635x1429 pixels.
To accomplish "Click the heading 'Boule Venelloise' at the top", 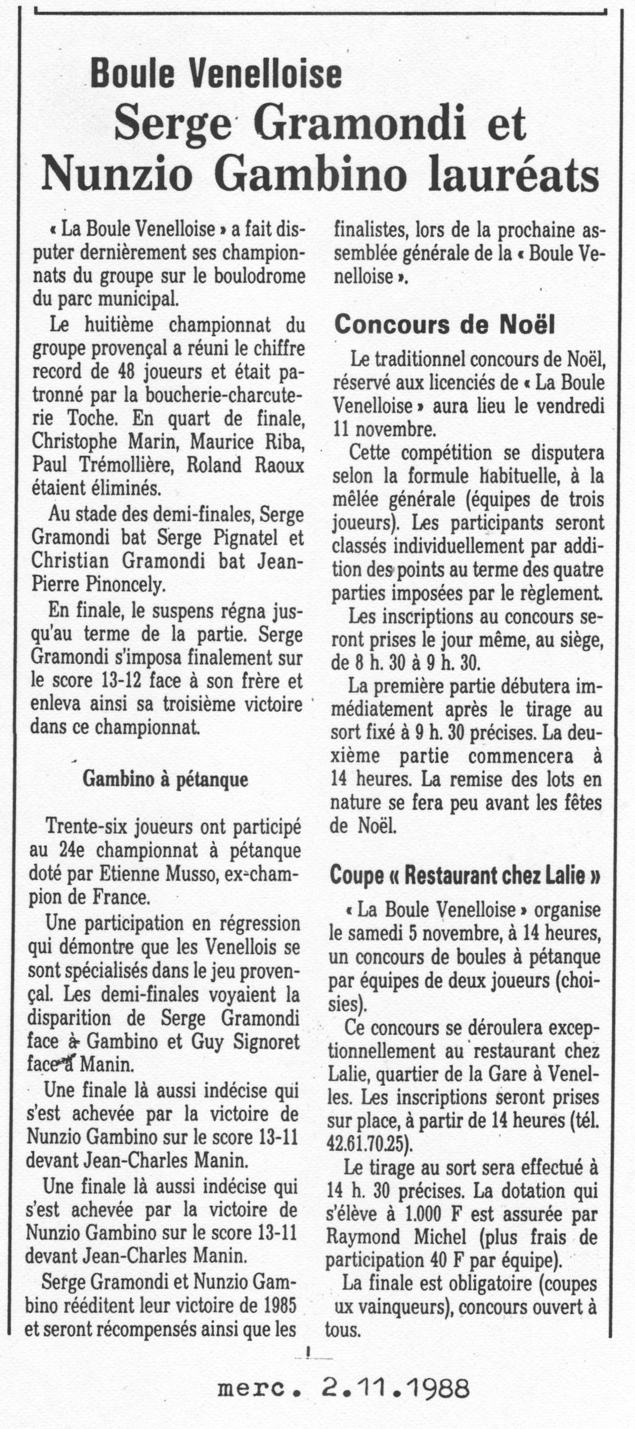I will click(215, 74).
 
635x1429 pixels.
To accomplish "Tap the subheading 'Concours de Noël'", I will click(444, 326).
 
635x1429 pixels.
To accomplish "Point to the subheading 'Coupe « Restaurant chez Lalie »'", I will click(465, 876).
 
